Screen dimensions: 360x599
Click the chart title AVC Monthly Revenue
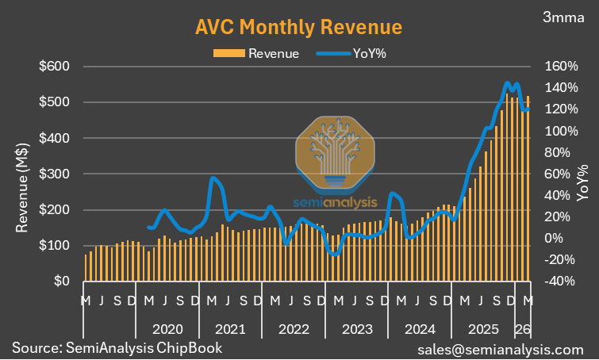pyautogui.click(x=298, y=27)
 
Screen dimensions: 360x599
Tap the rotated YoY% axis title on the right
pyautogui.click(x=583, y=181)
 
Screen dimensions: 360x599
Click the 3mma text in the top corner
pyautogui.click(x=565, y=16)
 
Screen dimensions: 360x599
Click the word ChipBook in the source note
pyautogui.click(x=191, y=348)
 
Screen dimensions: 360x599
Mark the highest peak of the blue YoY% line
pyautogui.click(x=507, y=82)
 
